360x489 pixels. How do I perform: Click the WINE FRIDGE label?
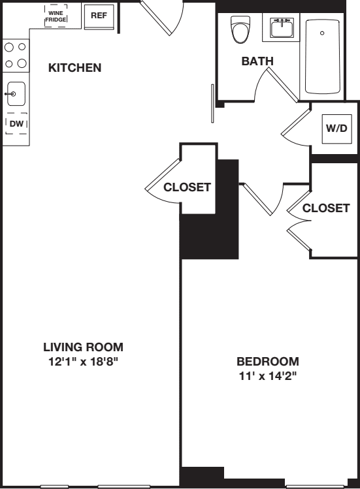[56, 16]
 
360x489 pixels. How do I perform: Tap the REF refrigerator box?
[99, 16]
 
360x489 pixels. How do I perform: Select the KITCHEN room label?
[75, 67]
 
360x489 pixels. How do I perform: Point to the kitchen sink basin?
[16, 95]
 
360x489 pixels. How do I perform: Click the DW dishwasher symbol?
[16, 123]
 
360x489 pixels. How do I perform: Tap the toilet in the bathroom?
[240, 29]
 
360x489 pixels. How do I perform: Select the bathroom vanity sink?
[282, 29]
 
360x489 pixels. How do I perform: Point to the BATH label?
[257, 61]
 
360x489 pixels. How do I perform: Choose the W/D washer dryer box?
[336, 128]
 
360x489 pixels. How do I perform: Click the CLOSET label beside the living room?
[187, 187]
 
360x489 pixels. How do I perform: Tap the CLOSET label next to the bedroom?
[326, 208]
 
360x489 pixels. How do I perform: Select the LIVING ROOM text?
[83, 347]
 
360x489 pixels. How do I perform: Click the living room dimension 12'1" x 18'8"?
[83, 360]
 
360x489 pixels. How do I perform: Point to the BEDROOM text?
[267, 361]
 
